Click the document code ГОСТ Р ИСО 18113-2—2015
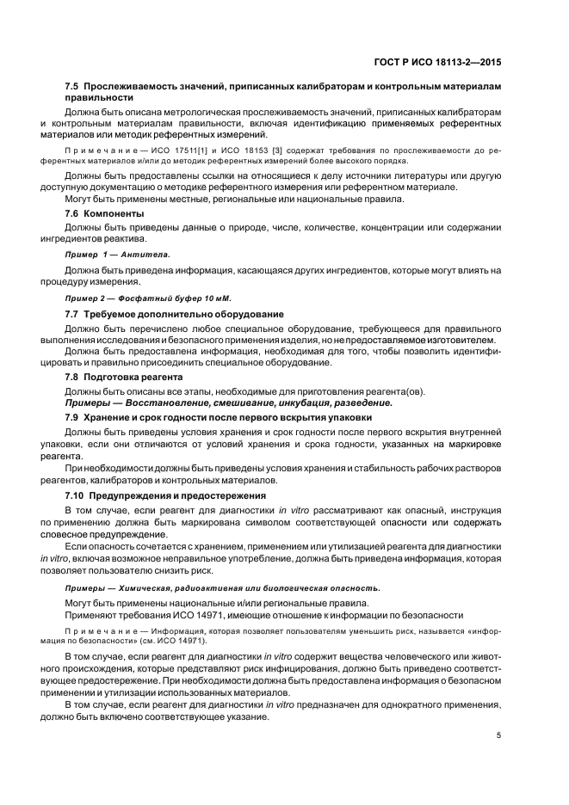(444, 63)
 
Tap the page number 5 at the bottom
(500, 735)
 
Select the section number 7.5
(72, 88)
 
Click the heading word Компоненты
(115, 212)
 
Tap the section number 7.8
(72, 377)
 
